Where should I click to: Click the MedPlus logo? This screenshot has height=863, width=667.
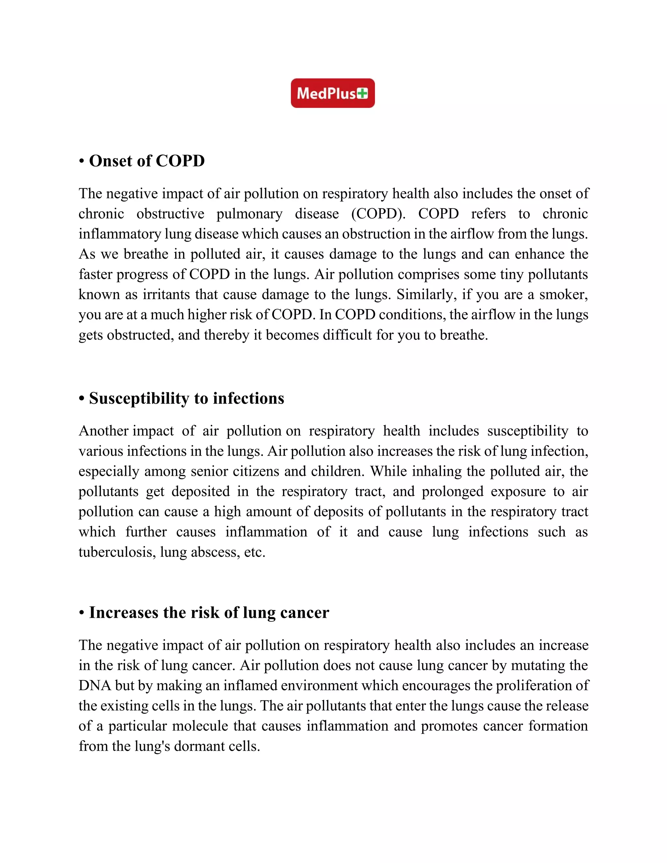tap(333, 93)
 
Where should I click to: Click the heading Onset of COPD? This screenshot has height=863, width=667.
tap(147, 161)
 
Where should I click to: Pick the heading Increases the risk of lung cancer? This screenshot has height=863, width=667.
tap(209, 613)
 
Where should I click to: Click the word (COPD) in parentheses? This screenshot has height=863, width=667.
tap(378, 214)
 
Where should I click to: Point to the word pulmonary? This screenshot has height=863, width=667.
tap(249, 214)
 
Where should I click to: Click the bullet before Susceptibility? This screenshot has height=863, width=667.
tap(82, 399)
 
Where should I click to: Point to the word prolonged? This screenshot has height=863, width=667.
tap(452, 491)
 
